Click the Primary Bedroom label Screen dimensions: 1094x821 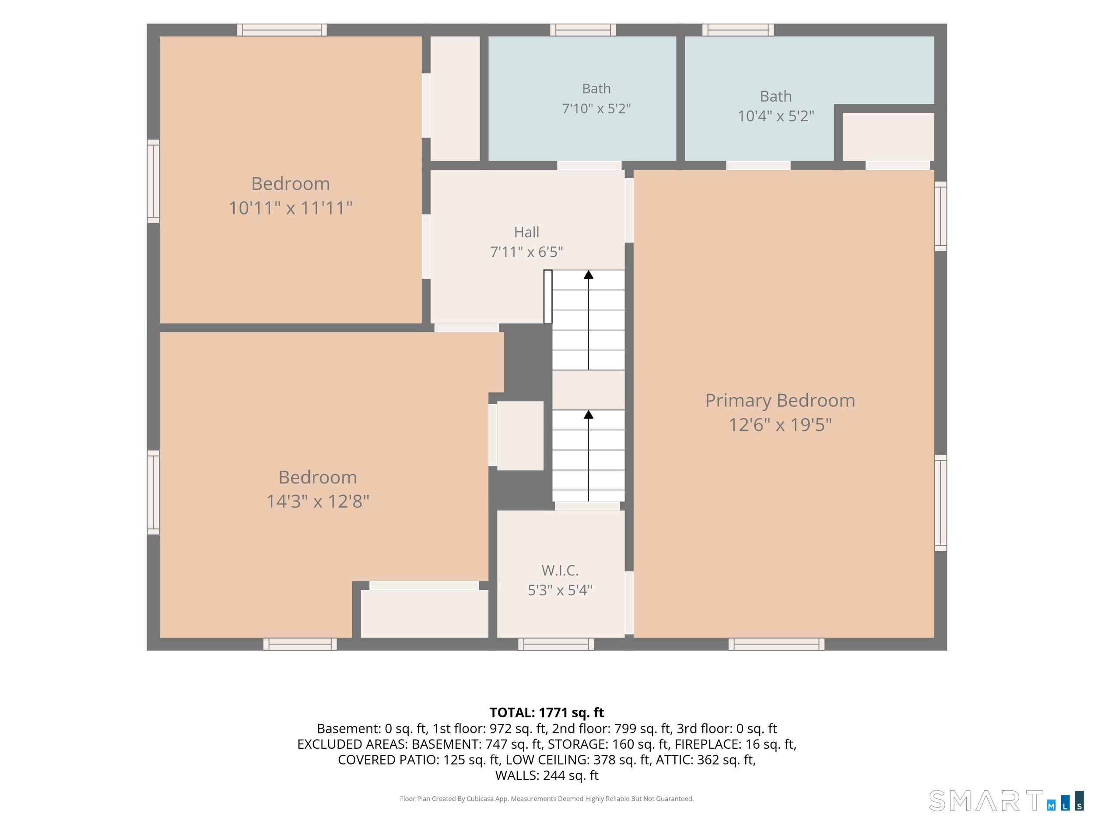(780, 400)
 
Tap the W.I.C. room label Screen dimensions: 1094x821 (560, 570)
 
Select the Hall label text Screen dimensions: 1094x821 (526, 232)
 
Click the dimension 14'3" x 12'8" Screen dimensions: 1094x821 (318, 501)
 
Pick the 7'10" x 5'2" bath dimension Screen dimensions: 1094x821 (596, 109)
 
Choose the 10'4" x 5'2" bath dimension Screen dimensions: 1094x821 (775, 116)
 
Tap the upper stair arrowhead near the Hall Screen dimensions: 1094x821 (589, 275)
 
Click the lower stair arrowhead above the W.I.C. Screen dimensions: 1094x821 (589, 414)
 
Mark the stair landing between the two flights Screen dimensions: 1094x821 (589, 390)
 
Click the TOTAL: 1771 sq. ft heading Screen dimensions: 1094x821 (547, 712)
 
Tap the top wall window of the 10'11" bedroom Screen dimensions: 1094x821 (282, 30)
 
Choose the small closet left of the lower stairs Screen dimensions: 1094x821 (520, 436)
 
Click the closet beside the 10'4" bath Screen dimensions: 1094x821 (888, 137)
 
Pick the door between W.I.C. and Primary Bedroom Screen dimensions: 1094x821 (629, 603)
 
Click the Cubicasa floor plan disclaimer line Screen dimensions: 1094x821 (547, 799)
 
